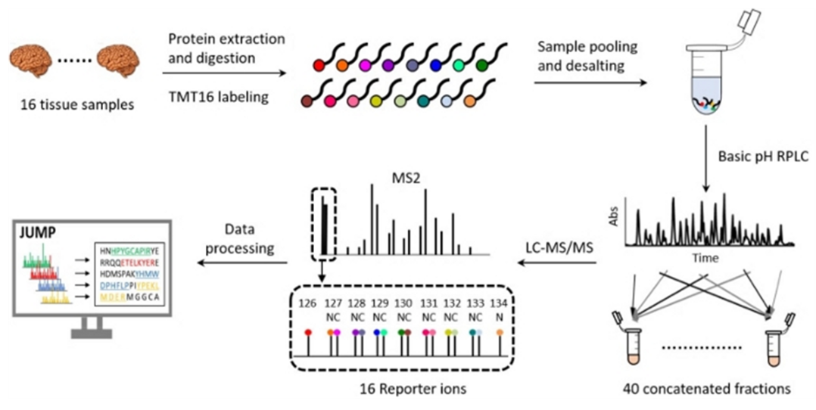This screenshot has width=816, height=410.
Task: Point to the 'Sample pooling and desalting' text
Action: [587, 56]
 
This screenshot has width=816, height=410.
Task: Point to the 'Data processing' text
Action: [241, 240]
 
